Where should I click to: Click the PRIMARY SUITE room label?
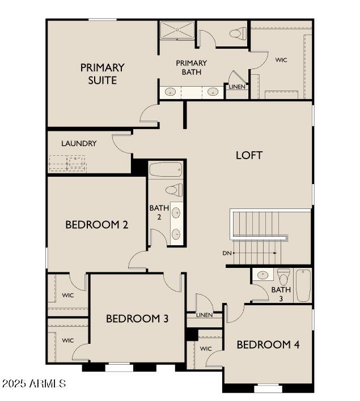click(x=102, y=74)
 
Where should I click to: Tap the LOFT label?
click(x=249, y=155)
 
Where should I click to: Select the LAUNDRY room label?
click(x=79, y=144)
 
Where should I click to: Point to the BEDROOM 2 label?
click(x=96, y=224)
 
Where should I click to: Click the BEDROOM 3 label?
click(x=137, y=319)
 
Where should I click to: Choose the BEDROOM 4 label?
click(x=268, y=344)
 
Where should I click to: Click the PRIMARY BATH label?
click(x=191, y=67)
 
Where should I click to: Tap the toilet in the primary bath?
click(x=238, y=34)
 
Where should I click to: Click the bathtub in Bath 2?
click(x=166, y=169)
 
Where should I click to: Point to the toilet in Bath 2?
click(x=173, y=190)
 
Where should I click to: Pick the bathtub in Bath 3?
click(x=303, y=285)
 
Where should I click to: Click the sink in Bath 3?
click(x=262, y=275)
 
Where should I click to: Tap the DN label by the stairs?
click(x=227, y=253)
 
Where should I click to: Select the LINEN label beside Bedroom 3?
click(x=204, y=315)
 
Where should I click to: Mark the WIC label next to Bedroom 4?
click(x=205, y=348)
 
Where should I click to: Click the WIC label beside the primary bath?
click(x=282, y=59)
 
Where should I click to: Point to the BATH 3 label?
click(x=281, y=294)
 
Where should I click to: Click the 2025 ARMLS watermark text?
click(x=34, y=384)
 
